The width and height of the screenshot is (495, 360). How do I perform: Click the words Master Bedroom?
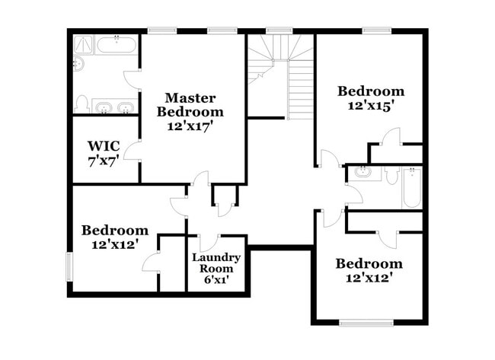(x=190, y=104)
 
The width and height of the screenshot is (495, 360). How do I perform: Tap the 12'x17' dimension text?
(x=190, y=126)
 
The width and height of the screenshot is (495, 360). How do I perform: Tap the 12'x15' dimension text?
(x=370, y=106)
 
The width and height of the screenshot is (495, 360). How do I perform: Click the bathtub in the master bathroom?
(x=117, y=45)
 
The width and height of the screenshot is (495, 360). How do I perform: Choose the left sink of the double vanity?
(x=104, y=106)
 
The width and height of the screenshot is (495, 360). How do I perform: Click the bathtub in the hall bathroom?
(x=412, y=188)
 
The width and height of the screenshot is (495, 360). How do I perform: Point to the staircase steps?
(x=301, y=88)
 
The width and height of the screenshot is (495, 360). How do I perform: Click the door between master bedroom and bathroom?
(x=133, y=80)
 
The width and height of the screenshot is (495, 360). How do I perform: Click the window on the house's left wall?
(x=70, y=266)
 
